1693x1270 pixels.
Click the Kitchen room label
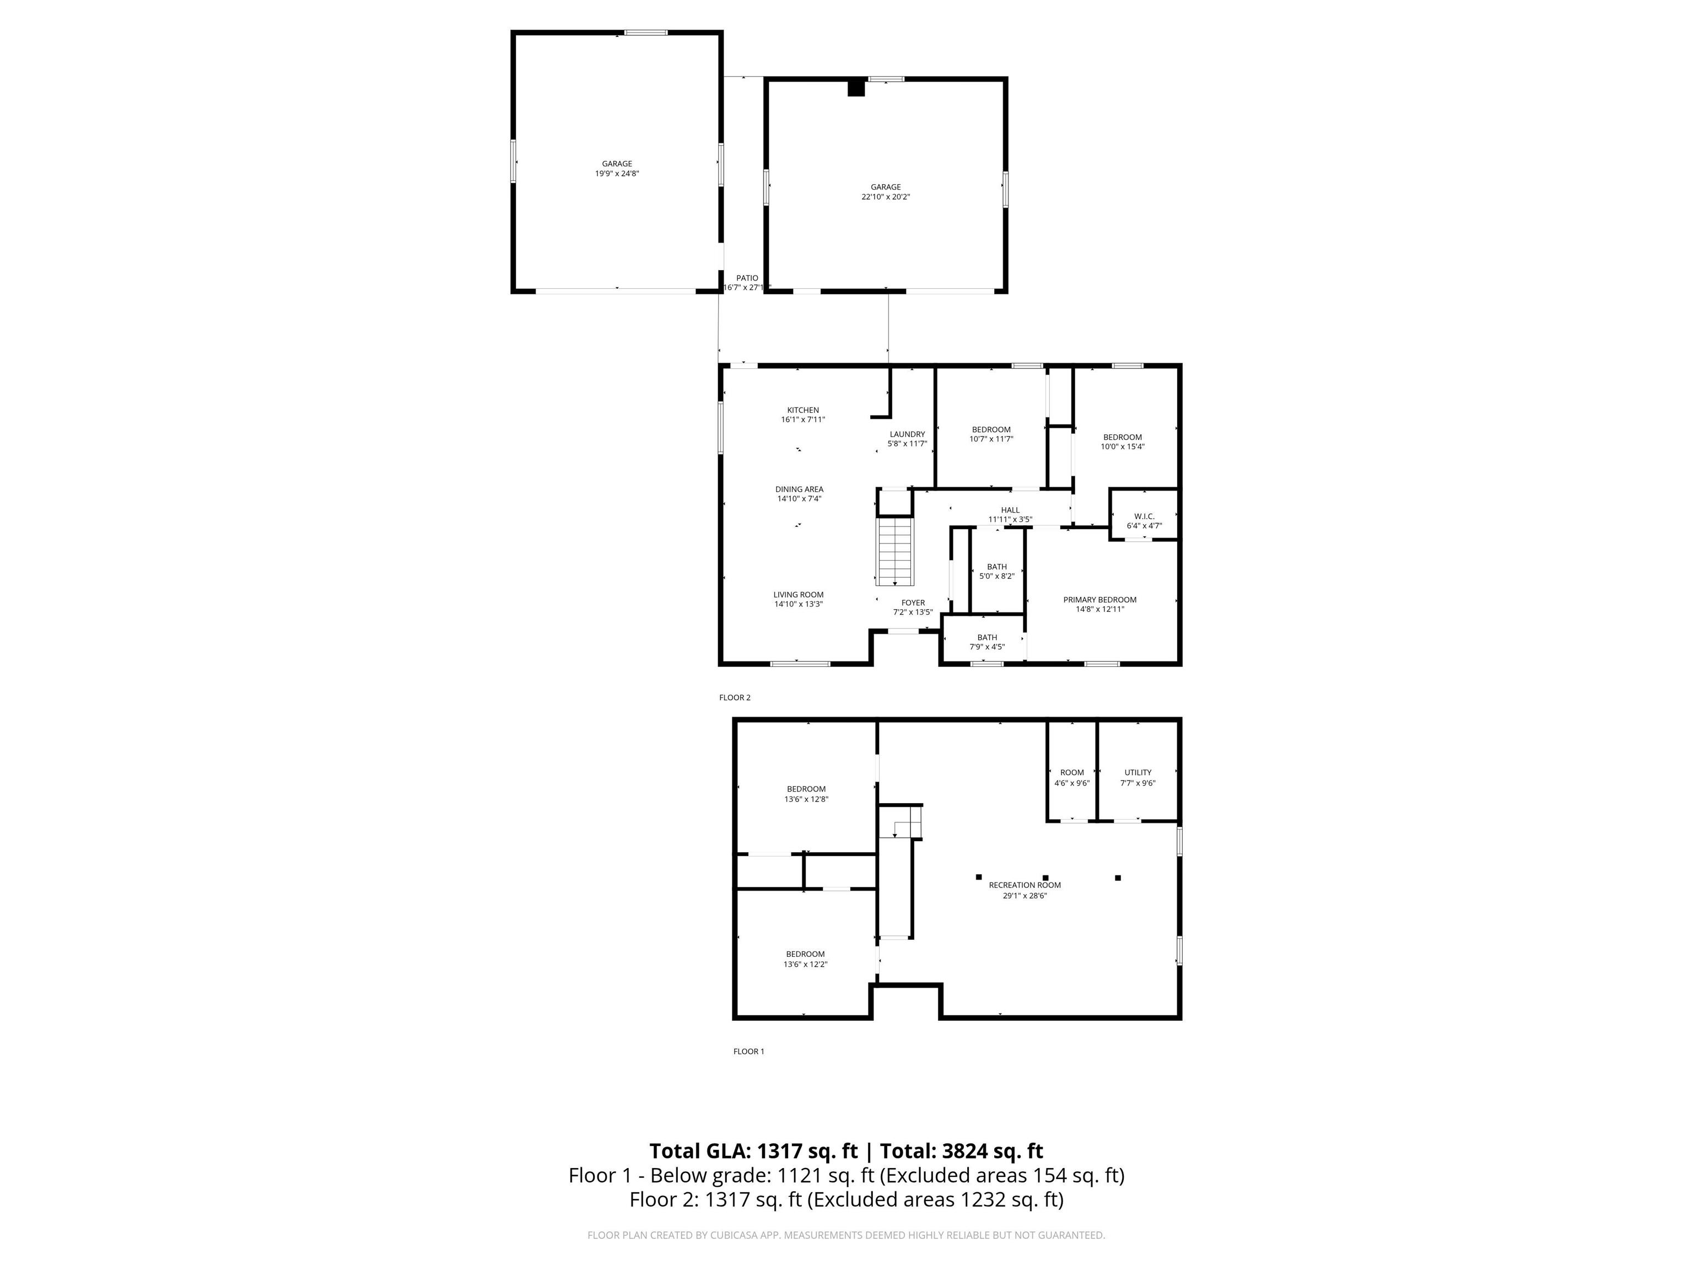803,410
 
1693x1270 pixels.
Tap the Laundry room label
907,434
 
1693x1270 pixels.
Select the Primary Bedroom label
1100,599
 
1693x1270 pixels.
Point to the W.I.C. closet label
1144,516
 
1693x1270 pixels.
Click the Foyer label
913,602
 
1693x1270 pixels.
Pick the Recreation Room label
1025,885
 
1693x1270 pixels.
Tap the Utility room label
1138,772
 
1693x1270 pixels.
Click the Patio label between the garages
747,278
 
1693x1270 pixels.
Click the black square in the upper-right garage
856,88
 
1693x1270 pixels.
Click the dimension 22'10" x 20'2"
886,197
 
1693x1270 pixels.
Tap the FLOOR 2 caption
735,697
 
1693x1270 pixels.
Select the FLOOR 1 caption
748,1051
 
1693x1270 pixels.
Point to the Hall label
1010,510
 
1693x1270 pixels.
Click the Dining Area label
799,489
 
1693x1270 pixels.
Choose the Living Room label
799,595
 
